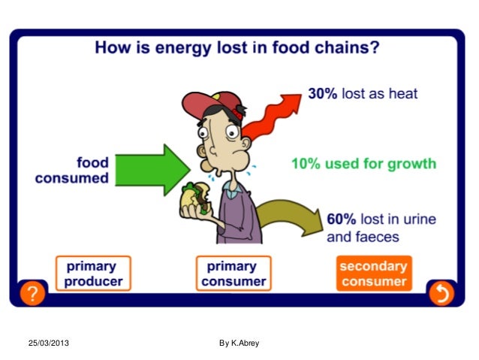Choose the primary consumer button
tap(233, 274)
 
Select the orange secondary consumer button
tap(373, 274)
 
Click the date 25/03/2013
tap(48, 343)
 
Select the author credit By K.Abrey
tap(239, 343)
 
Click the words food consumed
tap(72, 171)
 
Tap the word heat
tap(402, 95)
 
